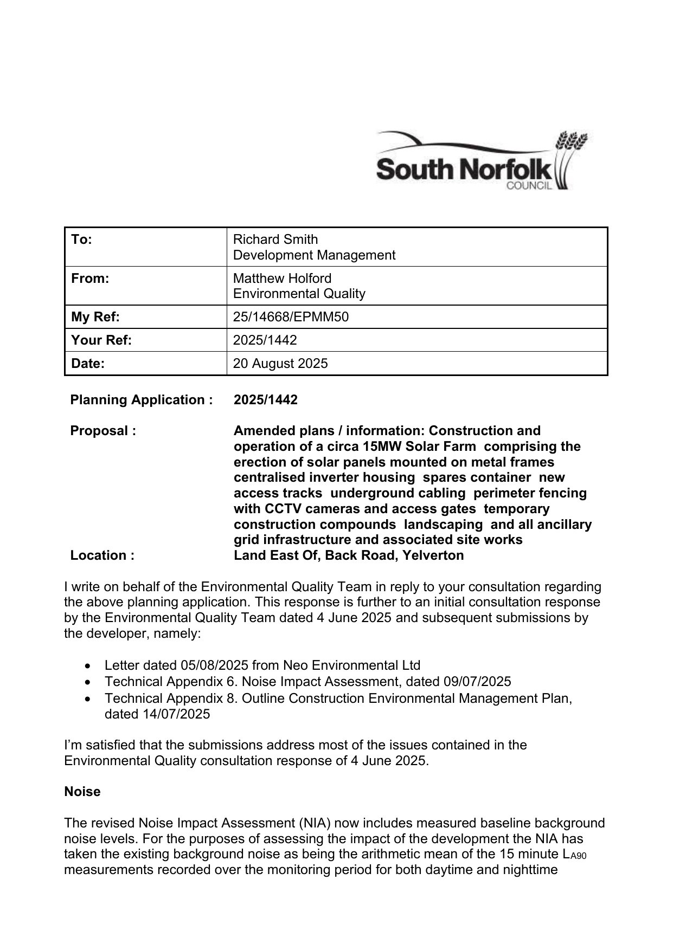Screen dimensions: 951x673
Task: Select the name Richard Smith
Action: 275,240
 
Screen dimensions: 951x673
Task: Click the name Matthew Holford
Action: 282,279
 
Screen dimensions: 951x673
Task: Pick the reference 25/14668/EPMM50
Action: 291,317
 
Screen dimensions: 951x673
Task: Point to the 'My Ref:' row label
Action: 95,317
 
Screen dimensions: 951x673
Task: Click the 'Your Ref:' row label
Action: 101,340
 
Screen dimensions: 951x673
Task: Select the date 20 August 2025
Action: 280,363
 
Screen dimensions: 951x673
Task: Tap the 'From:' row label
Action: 90,279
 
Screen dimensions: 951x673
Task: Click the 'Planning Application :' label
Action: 142,400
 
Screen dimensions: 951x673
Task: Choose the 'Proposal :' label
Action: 103,431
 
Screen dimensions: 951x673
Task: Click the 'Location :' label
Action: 102,555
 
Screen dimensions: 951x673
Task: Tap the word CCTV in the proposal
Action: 281,509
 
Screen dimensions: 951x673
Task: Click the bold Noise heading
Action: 82,792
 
